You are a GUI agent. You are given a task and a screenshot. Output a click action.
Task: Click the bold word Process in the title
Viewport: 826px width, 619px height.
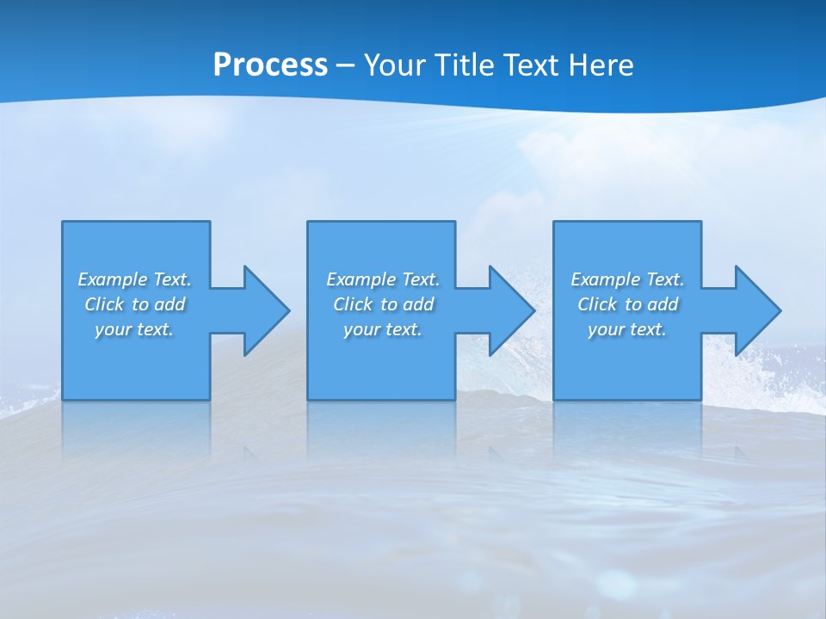click(270, 65)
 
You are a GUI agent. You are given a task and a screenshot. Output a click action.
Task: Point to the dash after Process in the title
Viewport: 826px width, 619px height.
click(345, 65)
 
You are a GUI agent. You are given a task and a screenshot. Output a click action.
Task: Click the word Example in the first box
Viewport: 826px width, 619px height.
click(113, 279)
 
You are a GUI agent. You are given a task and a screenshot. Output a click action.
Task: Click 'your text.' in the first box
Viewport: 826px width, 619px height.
click(134, 329)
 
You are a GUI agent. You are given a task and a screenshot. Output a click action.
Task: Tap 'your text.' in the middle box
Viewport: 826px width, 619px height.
click(383, 329)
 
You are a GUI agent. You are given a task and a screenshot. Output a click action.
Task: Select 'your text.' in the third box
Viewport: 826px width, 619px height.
click(627, 329)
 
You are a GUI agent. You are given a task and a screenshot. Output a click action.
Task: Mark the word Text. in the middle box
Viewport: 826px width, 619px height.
click(421, 279)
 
